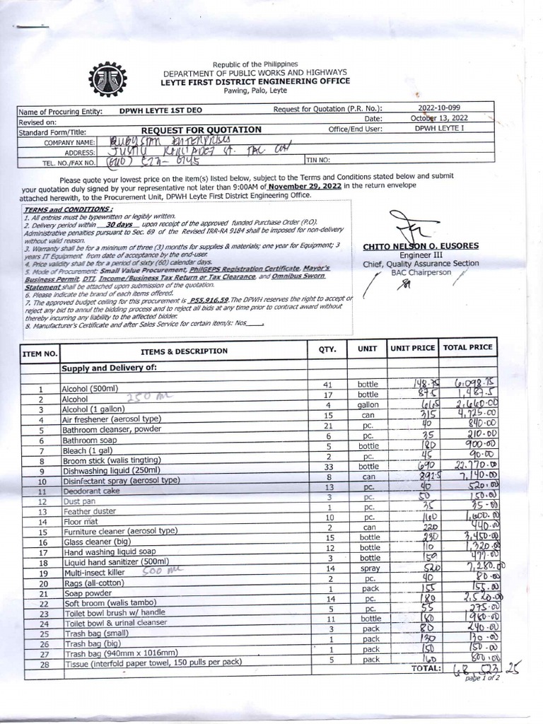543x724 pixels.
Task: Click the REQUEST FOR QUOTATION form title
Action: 202,130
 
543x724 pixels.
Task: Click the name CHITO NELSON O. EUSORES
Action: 430,246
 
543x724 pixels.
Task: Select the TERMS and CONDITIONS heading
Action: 67,210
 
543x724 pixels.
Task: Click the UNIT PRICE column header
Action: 413,349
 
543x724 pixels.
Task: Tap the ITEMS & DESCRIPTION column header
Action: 184,351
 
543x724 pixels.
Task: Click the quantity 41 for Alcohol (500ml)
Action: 327,384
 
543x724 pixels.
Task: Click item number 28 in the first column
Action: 41,666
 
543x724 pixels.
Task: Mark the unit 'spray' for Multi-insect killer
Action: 368,568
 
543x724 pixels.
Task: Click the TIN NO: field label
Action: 320,160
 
